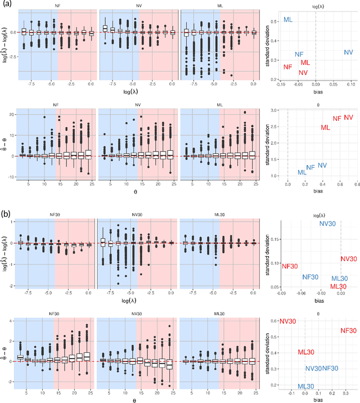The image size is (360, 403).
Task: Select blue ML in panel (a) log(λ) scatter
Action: [288, 20]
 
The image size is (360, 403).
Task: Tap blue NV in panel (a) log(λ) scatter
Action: [348, 52]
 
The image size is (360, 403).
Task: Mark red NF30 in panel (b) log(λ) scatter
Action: [290, 266]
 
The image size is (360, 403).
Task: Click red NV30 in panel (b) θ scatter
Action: [287, 321]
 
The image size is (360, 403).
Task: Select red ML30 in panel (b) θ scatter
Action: [305, 352]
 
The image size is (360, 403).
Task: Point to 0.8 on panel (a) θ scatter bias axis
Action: [358, 183]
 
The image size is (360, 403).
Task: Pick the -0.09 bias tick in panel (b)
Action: [282, 293]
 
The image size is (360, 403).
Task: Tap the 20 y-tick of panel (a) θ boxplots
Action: [13, 115]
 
